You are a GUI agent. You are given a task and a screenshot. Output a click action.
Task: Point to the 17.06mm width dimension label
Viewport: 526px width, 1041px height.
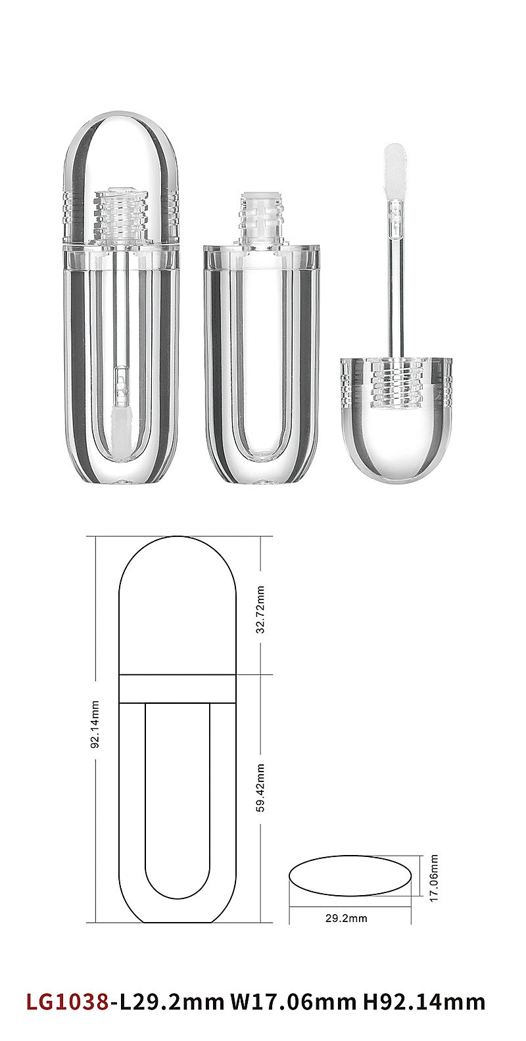click(x=433, y=877)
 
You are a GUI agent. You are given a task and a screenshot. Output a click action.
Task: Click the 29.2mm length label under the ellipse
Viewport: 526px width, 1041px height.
click(x=346, y=918)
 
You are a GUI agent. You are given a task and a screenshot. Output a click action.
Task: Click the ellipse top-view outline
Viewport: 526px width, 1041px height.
click(x=350, y=856)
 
